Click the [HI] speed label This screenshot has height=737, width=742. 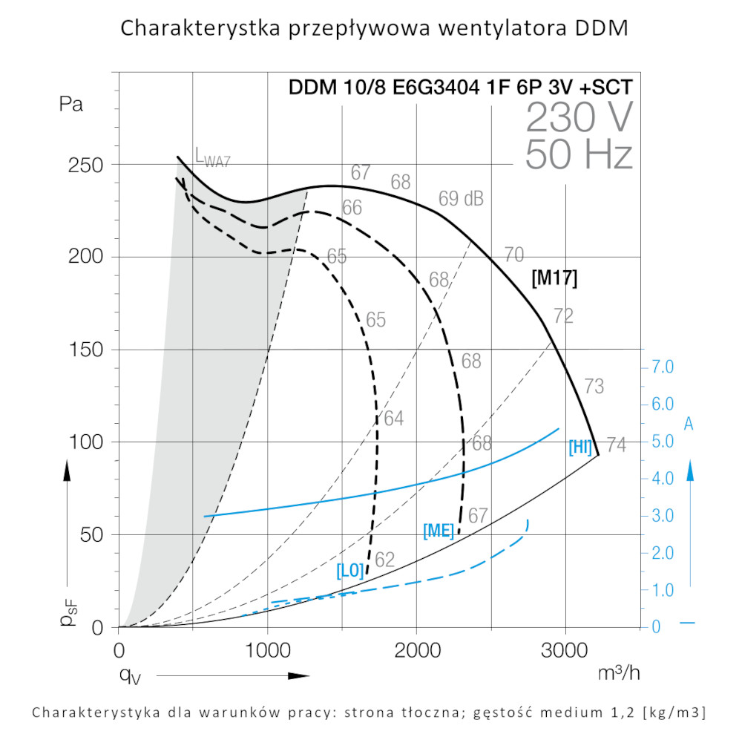coord(580,447)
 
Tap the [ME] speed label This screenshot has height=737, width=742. coord(439,531)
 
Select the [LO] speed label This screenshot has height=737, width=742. coord(350,571)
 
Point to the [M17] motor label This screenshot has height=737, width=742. coord(554,278)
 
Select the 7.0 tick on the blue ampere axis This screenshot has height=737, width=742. coord(662,367)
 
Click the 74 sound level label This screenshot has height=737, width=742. coord(616,445)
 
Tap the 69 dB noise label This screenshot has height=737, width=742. coord(461,199)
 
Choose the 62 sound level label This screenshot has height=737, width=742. coord(384,560)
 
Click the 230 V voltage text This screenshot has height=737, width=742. coord(580,117)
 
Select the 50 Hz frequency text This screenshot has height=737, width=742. coord(579,155)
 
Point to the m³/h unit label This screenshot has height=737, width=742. coord(619,673)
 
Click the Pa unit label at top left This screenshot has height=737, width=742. coord(71,104)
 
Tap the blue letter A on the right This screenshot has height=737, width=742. coord(689,424)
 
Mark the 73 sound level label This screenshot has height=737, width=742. coord(594,387)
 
